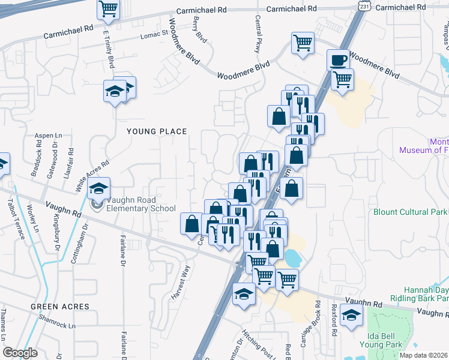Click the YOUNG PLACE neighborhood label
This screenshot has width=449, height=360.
point(156,131)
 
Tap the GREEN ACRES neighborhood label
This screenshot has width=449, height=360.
point(61,307)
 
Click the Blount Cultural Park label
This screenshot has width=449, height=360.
point(411,212)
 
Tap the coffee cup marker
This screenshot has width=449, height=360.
point(338,59)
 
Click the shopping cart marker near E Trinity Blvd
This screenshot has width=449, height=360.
point(109,8)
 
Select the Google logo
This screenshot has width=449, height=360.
point(20,353)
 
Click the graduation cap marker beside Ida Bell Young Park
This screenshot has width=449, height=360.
point(351,314)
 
